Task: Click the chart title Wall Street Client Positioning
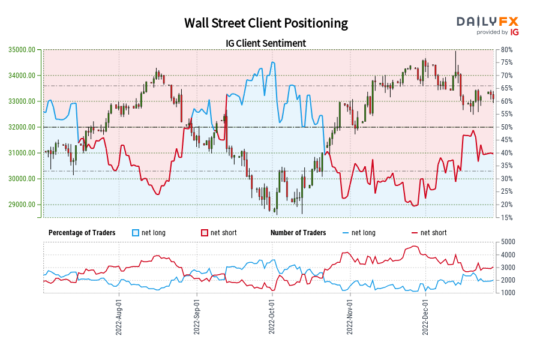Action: (266, 23)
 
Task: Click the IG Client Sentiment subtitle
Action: (266, 43)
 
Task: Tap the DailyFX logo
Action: (487, 22)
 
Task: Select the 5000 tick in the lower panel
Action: (508, 242)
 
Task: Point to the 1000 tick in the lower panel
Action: (508, 293)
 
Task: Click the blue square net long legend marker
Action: (135, 233)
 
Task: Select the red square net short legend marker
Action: (204, 233)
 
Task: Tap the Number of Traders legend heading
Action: (298, 233)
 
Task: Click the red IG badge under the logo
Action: (514, 32)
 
